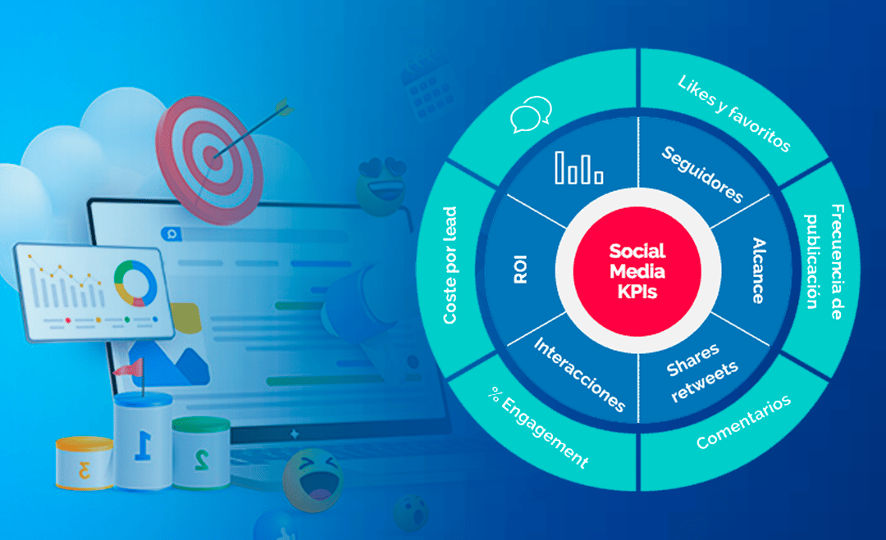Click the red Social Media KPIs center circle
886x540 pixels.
coord(637,271)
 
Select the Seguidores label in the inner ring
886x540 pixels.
coord(702,174)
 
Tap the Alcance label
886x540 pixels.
coord(758,271)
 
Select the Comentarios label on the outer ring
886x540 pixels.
coord(743,421)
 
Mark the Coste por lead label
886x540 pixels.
coord(450,264)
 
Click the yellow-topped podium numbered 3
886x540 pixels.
coord(84,464)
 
